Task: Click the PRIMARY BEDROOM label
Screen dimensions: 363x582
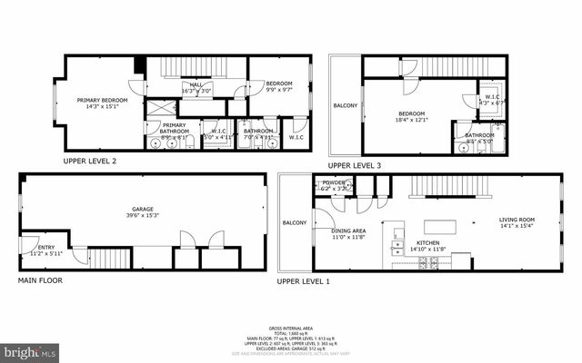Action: click(x=100, y=101)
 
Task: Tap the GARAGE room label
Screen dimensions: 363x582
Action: click(x=143, y=210)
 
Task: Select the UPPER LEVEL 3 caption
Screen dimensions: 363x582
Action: click(x=354, y=165)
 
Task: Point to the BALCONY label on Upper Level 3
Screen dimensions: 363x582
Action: click(x=346, y=106)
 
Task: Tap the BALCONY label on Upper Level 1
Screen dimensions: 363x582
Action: click(x=294, y=223)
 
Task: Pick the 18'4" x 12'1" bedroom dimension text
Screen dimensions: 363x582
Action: click(x=412, y=119)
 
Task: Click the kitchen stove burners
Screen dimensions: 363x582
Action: click(x=428, y=262)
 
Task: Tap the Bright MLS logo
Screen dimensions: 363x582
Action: click(x=29, y=349)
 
